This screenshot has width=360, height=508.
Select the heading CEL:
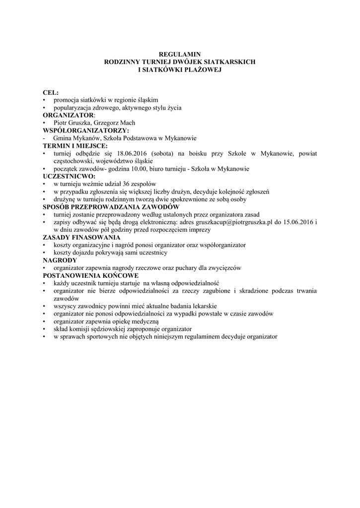(x=51, y=92)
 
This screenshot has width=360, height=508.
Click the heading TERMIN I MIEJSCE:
(x=75, y=146)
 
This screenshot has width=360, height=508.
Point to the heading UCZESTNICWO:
(x=70, y=176)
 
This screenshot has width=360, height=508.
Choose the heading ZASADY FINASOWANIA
(x=82, y=237)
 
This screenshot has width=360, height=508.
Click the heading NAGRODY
(x=60, y=260)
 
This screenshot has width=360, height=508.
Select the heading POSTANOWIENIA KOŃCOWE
(x=90, y=275)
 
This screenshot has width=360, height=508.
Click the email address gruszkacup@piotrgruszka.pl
(x=235, y=222)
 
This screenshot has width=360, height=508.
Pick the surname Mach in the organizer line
(x=126, y=123)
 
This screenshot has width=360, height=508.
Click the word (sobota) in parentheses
(x=163, y=154)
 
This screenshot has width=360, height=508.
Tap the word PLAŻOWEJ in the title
(x=202, y=69)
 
